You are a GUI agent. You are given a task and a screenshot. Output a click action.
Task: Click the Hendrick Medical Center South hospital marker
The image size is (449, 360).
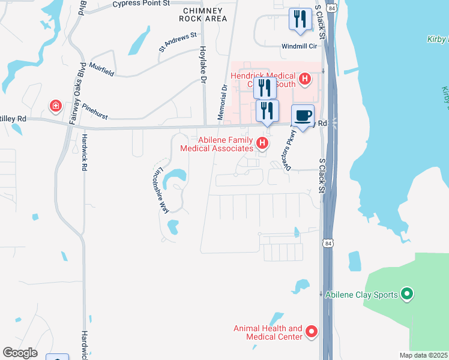(304, 79)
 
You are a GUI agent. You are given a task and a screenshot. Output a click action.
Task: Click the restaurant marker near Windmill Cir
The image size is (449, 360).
(300, 19)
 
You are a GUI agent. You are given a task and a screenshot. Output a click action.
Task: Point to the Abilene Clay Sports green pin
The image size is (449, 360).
(407, 294)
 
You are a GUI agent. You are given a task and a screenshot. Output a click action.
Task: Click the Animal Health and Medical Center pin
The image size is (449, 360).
(311, 331)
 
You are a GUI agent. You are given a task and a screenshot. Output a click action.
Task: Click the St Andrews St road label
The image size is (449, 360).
(178, 43)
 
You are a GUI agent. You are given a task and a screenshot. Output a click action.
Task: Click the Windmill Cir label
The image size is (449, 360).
(298, 46)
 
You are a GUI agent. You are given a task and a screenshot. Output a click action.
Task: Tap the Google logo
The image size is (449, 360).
(20, 353)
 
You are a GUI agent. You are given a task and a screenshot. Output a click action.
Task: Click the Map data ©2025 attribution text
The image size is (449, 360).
(423, 355)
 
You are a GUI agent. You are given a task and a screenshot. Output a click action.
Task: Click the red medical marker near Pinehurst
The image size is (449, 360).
(55, 106)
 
